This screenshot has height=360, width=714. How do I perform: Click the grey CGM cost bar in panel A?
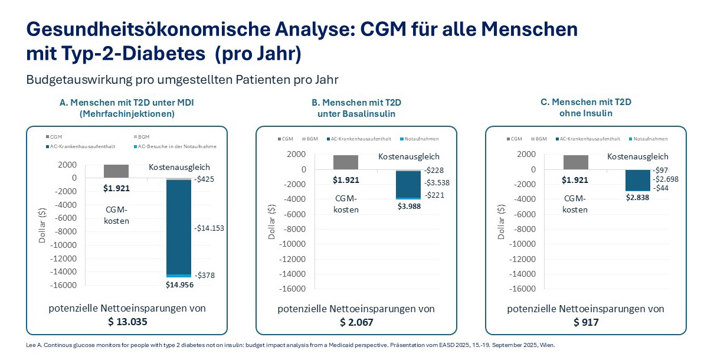(116, 171)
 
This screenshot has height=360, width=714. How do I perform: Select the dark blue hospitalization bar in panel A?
(178, 227)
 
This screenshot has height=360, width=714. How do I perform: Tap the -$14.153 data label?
(209, 228)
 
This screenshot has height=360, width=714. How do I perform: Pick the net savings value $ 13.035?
(127, 322)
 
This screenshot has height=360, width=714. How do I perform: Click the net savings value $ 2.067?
(356, 322)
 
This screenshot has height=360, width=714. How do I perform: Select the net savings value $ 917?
(586, 322)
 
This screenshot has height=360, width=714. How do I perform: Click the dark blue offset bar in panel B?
(407, 184)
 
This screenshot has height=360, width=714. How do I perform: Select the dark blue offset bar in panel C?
(637, 180)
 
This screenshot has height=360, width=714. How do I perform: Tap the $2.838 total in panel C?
(637, 197)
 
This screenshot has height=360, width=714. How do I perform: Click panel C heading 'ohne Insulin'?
(586, 113)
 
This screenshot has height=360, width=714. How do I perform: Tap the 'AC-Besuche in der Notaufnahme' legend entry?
(175, 146)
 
